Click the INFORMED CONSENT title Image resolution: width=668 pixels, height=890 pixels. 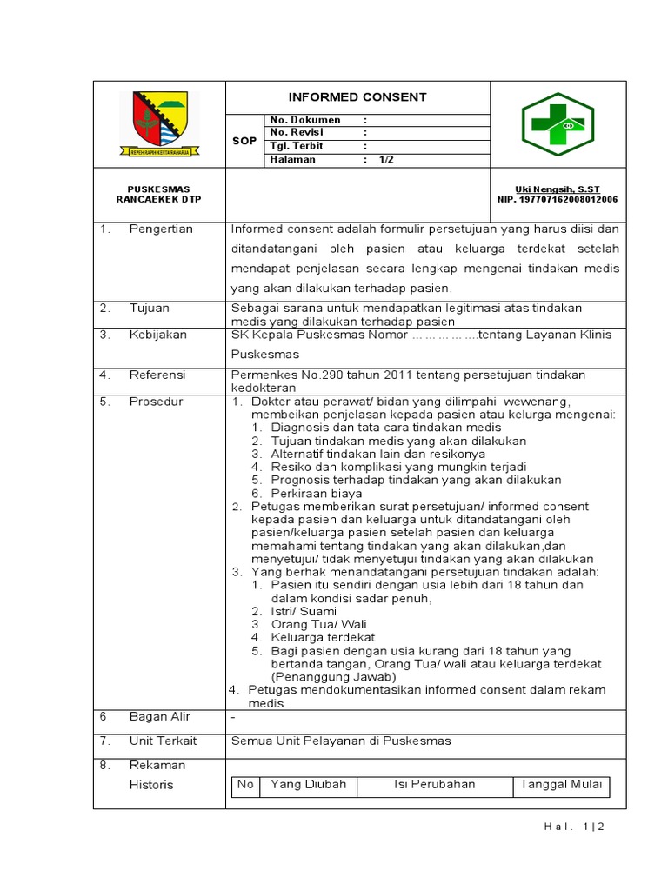tap(357, 97)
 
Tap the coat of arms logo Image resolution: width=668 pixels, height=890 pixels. tap(159, 123)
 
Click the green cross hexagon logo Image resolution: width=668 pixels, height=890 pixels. tap(557, 124)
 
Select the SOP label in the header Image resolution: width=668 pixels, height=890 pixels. tap(245, 140)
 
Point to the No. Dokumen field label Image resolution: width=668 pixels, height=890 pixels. tap(305, 120)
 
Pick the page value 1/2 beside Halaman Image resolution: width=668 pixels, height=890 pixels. tap(386, 160)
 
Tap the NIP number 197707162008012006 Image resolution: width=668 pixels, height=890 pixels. tap(558, 199)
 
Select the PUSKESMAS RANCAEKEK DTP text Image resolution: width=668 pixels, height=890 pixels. tap(159, 194)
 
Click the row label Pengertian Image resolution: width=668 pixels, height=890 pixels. tap(161, 229)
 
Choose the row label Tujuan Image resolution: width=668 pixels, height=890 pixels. tap(150, 308)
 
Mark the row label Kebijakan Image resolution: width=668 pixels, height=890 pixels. tap(158, 335)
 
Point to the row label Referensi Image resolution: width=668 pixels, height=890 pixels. tap(157, 375)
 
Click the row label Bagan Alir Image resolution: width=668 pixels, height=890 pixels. tap(160, 716)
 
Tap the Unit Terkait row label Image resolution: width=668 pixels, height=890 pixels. tap(164, 741)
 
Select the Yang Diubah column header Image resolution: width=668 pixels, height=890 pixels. tap(308, 784)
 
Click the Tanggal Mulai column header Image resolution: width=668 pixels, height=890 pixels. tap(561, 784)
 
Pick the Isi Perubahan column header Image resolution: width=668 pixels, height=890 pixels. tap(435, 784)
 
